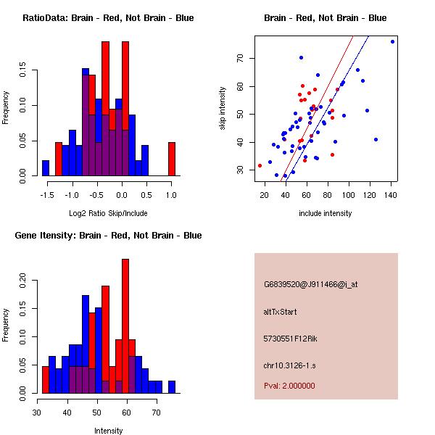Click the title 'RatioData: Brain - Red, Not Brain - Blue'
coord(108,18)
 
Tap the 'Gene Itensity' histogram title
coord(108,236)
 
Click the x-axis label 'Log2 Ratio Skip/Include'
coord(108,213)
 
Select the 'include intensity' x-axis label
coord(326,213)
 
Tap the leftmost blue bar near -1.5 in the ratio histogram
coord(45,167)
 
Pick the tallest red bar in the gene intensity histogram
coord(125,326)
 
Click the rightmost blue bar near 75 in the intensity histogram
coord(172,386)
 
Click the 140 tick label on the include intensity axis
coord(392,195)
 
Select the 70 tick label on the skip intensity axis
coord(240,58)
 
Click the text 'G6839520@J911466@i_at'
coord(311,284)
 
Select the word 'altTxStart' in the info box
coord(281,312)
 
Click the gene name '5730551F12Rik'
coord(291,339)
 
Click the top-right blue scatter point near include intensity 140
coord(392,42)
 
